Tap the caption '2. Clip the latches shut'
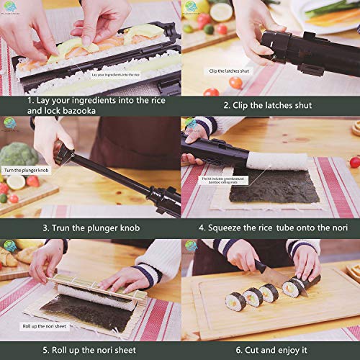point(267,105)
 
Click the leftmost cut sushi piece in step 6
point(235,301)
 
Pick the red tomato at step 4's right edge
point(354,162)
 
